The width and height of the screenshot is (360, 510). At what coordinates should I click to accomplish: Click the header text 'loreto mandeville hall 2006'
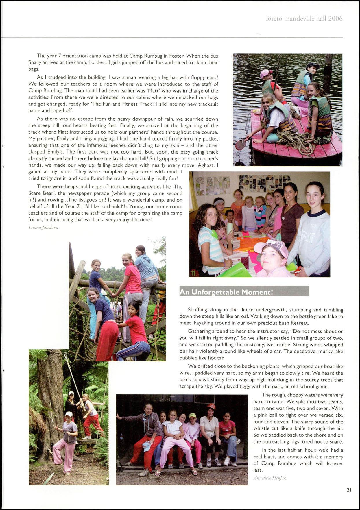pyautogui.click(x=304, y=19)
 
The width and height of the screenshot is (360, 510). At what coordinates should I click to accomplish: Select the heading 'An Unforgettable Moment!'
pyautogui.click(x=226, y=292)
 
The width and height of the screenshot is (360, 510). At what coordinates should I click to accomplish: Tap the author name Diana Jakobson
pyautogui.click(x=44, y=228)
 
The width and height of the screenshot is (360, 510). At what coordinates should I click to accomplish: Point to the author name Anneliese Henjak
pyautogui.click(x=269, y=478)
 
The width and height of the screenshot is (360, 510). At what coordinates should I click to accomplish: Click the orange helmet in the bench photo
pyautogui.click(x=211, y=406)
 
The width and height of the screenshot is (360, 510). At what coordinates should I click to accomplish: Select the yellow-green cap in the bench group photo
pyautogui.click(x=192, y=416)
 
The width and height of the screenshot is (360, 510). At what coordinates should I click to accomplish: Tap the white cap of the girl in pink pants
pyautogui.click(x=69, y=414)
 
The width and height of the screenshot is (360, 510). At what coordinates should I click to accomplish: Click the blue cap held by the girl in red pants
pyautogui.click(x=147, y=447)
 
